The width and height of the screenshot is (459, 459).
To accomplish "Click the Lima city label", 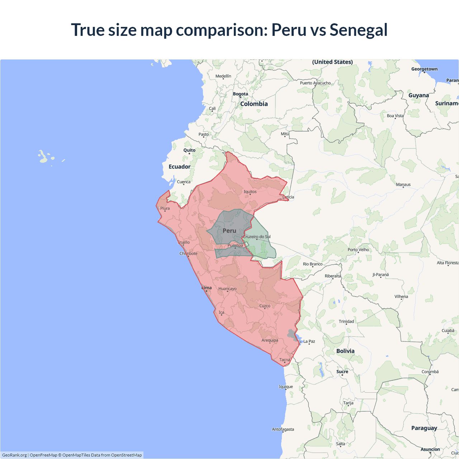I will pyautogui.click(x=207, y=288).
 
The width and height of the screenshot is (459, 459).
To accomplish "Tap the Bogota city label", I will pyautogui.click(x=240, y=94).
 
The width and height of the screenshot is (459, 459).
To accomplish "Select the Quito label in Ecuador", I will pyautogui.click(x=189, y=150).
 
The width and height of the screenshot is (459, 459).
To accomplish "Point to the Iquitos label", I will pyautogui.click(x=250, y=191).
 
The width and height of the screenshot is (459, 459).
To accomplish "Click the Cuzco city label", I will pyautogui.click(x=265, y=306).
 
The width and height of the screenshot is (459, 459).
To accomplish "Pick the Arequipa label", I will pyautogui.click(x=270, y=340).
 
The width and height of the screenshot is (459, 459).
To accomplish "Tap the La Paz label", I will pyautogui.click(x=309, y=341).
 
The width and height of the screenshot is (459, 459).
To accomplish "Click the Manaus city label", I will pyautogui.click(x=403, y=184).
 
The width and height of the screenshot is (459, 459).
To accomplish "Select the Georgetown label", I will pyautogui.click(x=424, y=69).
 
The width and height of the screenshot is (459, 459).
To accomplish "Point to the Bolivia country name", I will pyautogui.click(x=345, y=351).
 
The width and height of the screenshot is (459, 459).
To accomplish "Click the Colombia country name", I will pyautogui.click(x=254, y=104).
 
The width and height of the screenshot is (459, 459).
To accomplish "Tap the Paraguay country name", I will pyautogui.click(x=424, y=428).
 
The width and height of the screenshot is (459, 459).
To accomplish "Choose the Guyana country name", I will pyautogui.click(x=418, y=95).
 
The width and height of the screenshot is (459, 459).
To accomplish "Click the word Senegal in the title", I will pyautogui.click(x=358, y=30).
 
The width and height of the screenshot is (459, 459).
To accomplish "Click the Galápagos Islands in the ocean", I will pyautogui.click(x=43, y=157).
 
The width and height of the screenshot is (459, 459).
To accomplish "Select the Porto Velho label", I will pyautogui.click(x=358, y=250).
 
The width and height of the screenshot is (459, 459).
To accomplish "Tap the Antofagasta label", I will pyautogui.click(x=283, y=429).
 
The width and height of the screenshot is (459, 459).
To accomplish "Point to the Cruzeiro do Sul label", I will pyautogui.click(x=257, y=237).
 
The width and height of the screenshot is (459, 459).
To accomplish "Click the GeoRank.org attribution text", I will pyautogui.click(x=14, y=455).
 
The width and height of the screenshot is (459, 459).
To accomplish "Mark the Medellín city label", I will pyautogui.click(x=223, y=76).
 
